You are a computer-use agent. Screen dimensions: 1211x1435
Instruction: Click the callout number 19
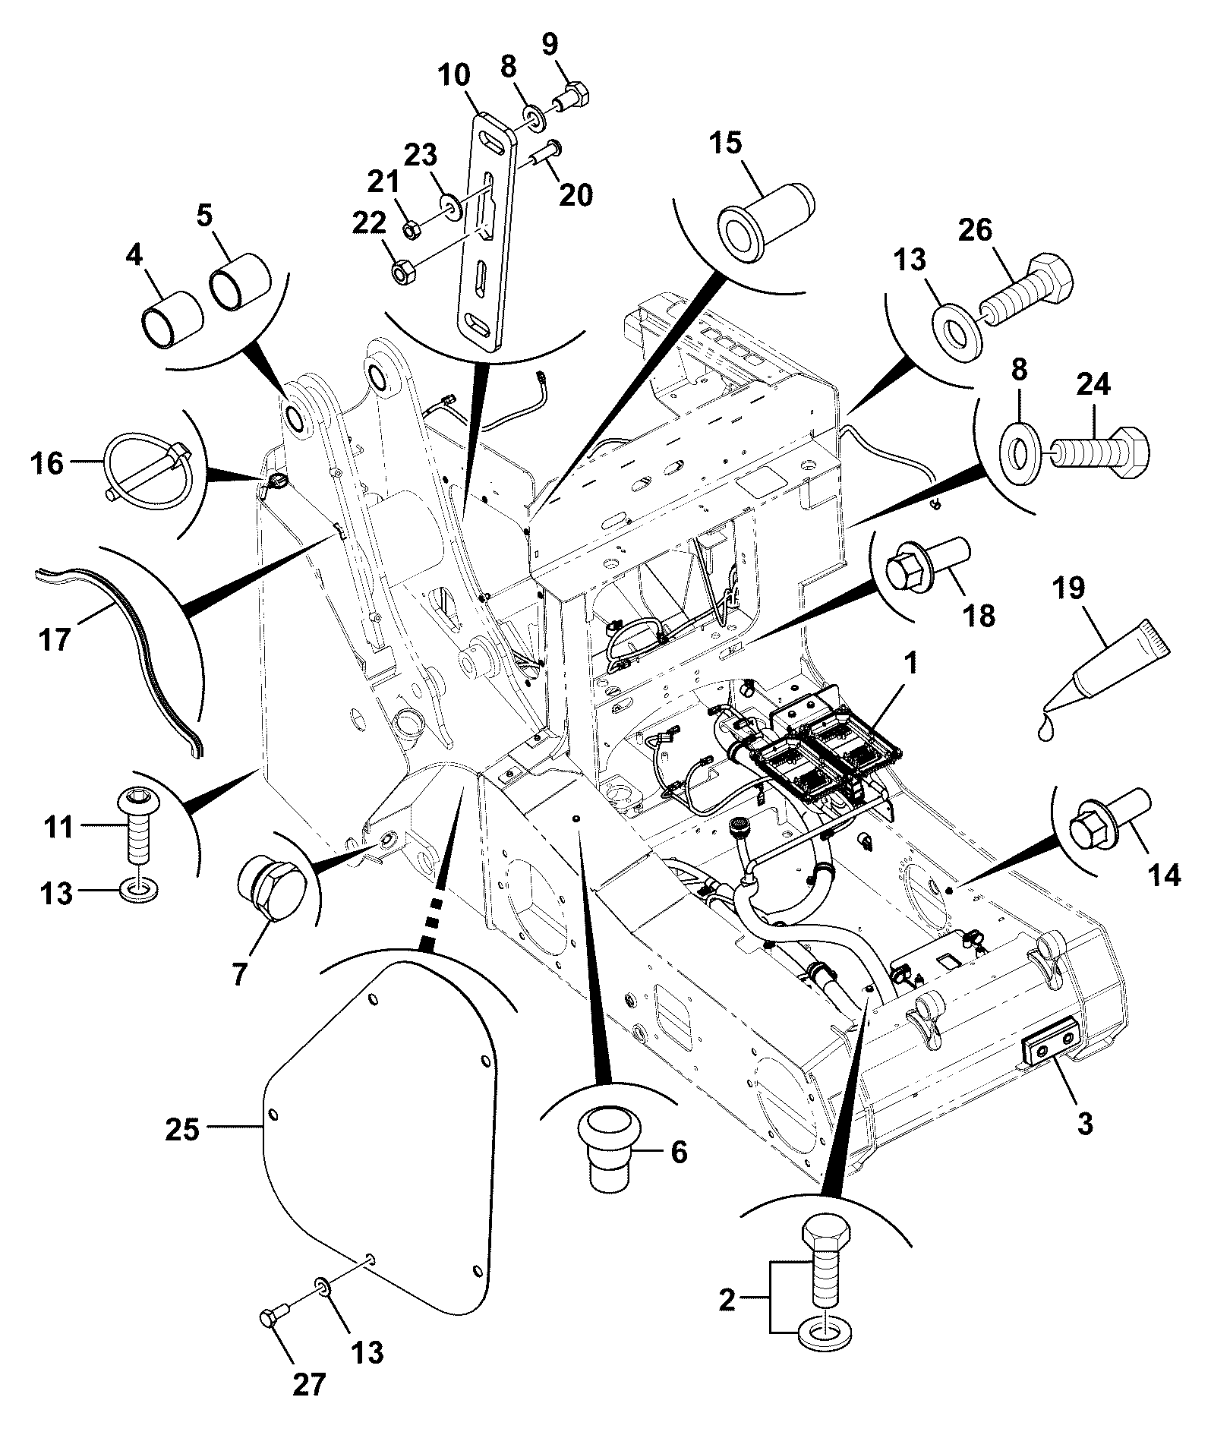coord(1068,588)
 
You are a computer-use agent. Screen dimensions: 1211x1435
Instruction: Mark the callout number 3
coord(1085,1122)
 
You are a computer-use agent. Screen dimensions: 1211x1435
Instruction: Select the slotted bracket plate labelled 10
coord(485,232)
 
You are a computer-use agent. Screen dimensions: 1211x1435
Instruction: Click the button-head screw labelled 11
coord(137,824)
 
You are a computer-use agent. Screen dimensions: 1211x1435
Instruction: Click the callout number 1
coord(911,666)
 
